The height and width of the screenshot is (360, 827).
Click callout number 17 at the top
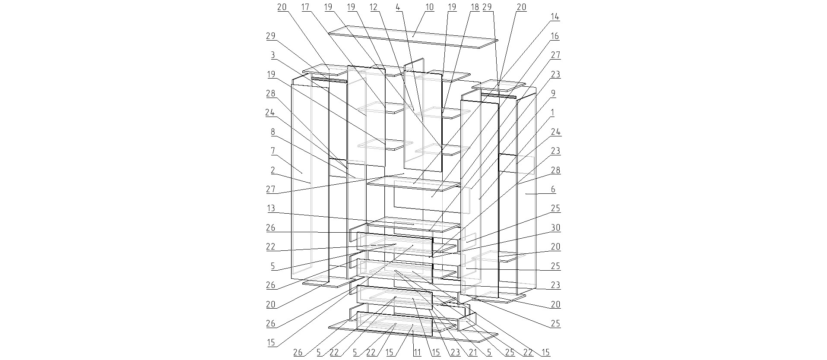(305, 7)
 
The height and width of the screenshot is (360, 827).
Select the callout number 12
(374, 7)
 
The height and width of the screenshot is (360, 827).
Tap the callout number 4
(398, 7)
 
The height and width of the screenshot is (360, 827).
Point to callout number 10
(429, 7)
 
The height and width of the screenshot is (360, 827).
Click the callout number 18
(475, 7)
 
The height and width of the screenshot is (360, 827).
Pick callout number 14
(555, 17)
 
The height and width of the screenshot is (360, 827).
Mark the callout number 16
(555, 36)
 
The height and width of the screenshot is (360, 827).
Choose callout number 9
(553, 93)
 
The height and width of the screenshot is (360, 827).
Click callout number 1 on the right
(553, 112)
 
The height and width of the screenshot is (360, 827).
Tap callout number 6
(553, 189)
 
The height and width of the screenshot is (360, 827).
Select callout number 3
(272, 55)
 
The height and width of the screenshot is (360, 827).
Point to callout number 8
(272, 132)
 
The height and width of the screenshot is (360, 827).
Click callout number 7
(272, 151)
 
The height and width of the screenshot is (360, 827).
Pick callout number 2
(272, 170)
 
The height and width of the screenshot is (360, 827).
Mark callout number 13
(271, 208)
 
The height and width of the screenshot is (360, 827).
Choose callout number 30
(555, 227)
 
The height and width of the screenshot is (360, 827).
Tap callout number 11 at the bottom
(417, 353)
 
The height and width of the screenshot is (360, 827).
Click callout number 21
(473, 353)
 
